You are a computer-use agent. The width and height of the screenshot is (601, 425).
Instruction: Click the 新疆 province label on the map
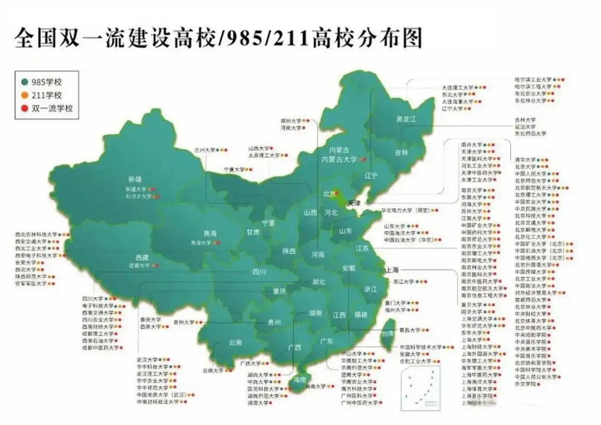(135, 179)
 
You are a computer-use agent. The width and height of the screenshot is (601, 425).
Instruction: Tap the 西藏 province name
(142, 256)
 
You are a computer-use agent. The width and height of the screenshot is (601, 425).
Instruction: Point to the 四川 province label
(259, 271)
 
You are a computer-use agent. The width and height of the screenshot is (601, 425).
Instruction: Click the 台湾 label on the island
(388, 333)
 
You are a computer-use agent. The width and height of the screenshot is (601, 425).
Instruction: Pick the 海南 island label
(299, 380)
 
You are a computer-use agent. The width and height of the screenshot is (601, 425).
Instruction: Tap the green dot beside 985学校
(24, 82)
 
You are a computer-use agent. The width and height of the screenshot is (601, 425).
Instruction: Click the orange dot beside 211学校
(24, 96)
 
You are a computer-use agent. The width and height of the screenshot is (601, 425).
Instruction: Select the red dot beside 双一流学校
(24, 108)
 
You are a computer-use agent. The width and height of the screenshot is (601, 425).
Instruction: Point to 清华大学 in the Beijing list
(525, 159)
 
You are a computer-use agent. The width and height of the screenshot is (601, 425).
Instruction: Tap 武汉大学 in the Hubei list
(148, 360)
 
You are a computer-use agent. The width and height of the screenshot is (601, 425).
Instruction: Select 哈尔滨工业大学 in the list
(533, 79)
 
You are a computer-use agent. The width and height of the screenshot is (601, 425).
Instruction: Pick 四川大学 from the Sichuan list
(92, 299)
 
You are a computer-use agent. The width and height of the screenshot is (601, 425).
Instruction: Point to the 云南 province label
(235, 343)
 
